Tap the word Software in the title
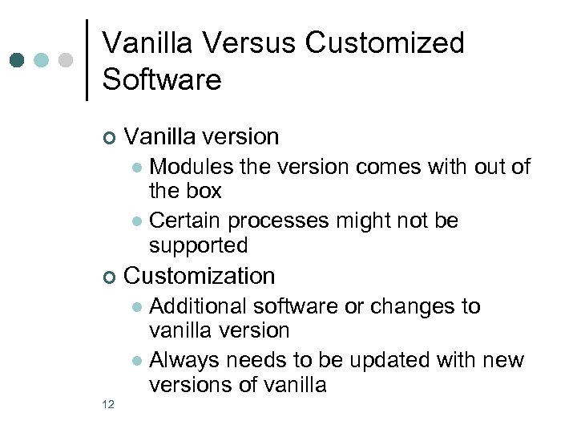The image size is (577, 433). [162, 79]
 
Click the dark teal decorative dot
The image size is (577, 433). [18, 61]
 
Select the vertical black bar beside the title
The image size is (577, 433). [87, 59]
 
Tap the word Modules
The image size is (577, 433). [191, 166]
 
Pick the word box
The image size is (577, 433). [204, 191]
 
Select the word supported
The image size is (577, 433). [199, 245]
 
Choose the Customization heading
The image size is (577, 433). [200, 276]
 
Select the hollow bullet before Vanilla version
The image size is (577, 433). [109, 138]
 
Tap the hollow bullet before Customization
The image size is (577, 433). [109, 277]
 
